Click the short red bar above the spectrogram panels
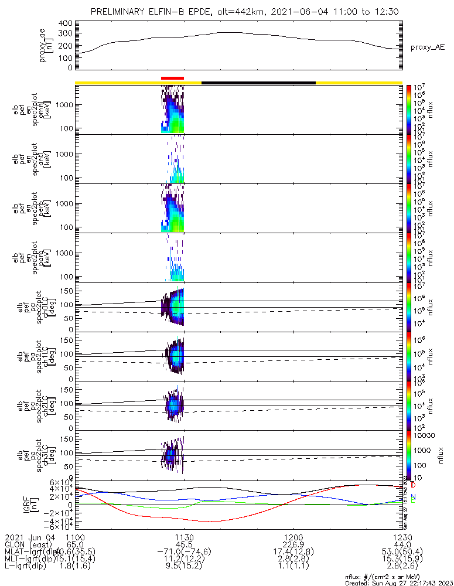pyautogui.click(x=172, y=77)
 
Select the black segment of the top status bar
pyautogui.click(x=258, y=83)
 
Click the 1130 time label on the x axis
pyautogui.click(x=184, y=537)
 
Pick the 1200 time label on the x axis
pyautogui.click(x=293, y=537)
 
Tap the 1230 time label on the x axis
pyautogui.click(x=402, y=537)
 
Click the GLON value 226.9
pyautogui.click(x=293, y=544)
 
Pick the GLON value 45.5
pyautogui.click(x=184, y=544)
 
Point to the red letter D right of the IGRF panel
pyautogui.click(x=413, y=486)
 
